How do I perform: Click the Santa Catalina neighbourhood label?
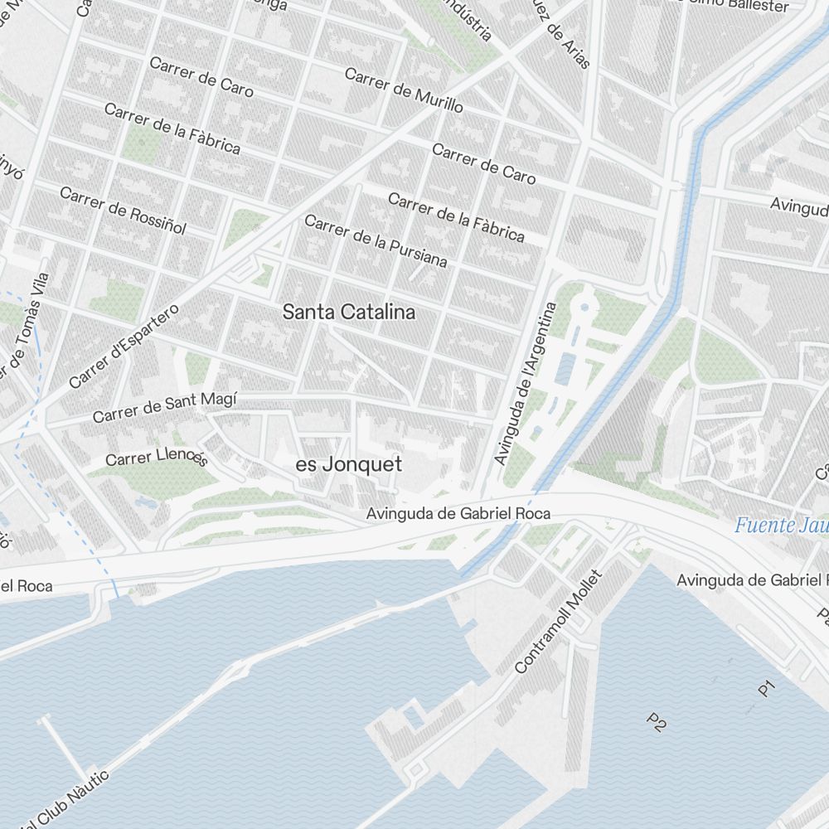tap(348, 313)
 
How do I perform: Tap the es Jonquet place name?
tap(349, 465)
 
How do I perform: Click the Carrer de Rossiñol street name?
tap(123, 210)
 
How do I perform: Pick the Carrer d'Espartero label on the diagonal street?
tap(124, 347)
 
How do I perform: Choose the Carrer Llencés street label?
tap(156, 458)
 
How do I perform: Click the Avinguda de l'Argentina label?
tap(525, 383)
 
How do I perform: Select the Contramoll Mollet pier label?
tap(557, 622)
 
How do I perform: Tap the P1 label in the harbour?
tap(766, 687)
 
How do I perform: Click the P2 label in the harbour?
tap(657, 722)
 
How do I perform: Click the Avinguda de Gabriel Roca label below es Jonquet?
tap(458, 514)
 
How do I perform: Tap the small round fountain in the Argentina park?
tap(584, 308)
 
